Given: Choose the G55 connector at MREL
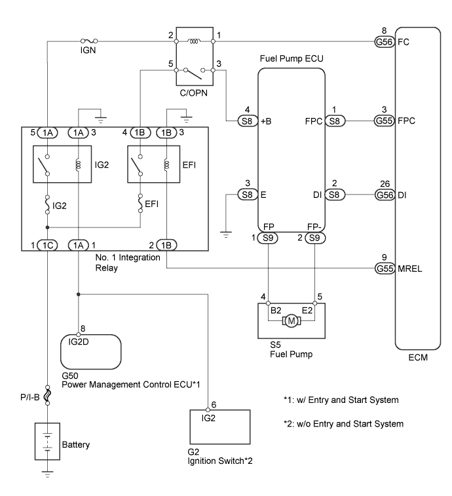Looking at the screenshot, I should click(x=382, y=267).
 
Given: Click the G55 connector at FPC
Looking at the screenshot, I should click(x=382, y=121).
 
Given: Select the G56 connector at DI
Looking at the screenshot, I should click(x=382, y=194).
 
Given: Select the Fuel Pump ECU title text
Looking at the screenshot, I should click(x=292, y=58).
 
